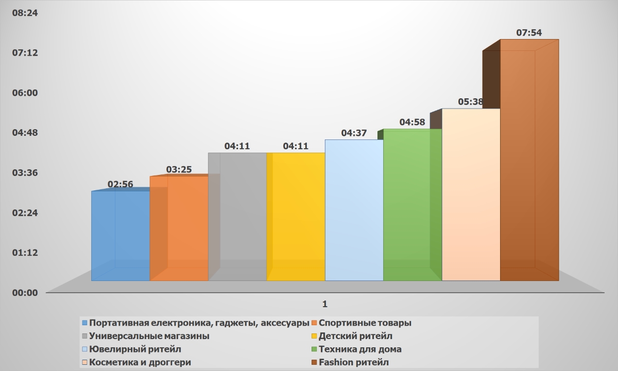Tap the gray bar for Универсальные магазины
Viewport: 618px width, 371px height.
point(237,216)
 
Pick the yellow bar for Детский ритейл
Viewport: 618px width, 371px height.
point(296,216)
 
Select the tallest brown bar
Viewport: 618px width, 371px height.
point(529,165)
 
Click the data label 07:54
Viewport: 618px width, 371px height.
point(529,33)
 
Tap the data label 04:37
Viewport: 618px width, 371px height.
point(354,133)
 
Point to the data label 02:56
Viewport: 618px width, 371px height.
point(120,184)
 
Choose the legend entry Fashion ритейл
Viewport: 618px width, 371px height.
point(354,362)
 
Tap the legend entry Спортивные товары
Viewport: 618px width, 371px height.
point(365,323)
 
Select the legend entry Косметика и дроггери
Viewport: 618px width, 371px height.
point(140,362)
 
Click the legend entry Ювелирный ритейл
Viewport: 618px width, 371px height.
point(135,349)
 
